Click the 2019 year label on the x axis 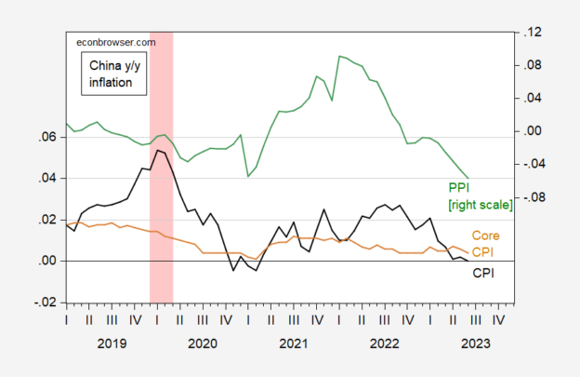[x=112, y=343]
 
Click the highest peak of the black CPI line [x=158, y=150]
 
